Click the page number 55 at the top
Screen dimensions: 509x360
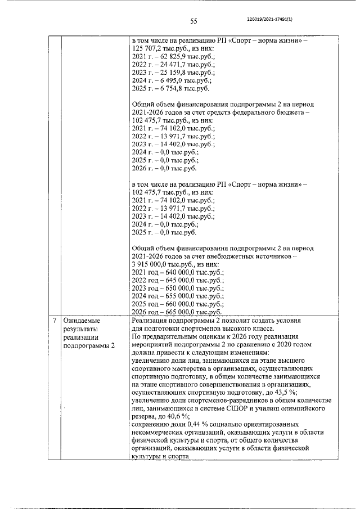(193, 21)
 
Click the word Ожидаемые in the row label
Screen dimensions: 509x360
(82, 321)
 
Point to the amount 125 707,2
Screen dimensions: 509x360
(147, 49)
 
